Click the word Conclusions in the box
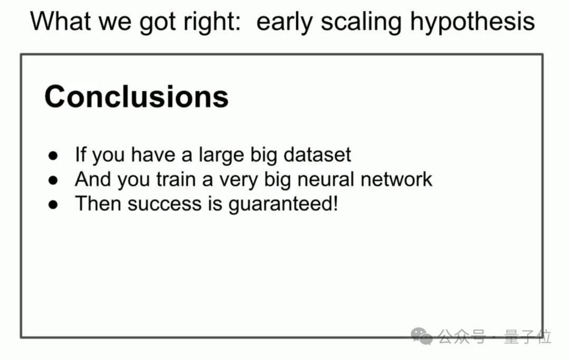pyautogui.click(x=136, y=97)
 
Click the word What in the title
pyautogui.click(x=60, y=21)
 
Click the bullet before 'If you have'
pyautogui.click(x=53, y=156)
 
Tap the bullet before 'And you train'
pyautogui.click(x=53, y=181)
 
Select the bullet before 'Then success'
pyautogui.click(x=53, y=205)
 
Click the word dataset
pyautogui.click(x=317, y=155)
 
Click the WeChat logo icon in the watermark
pyautogui.click(x=422, y=336)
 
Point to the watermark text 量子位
pyautogui.click(x=527, y=336)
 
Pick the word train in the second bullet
pyautogui.click(x=176, y=179)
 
